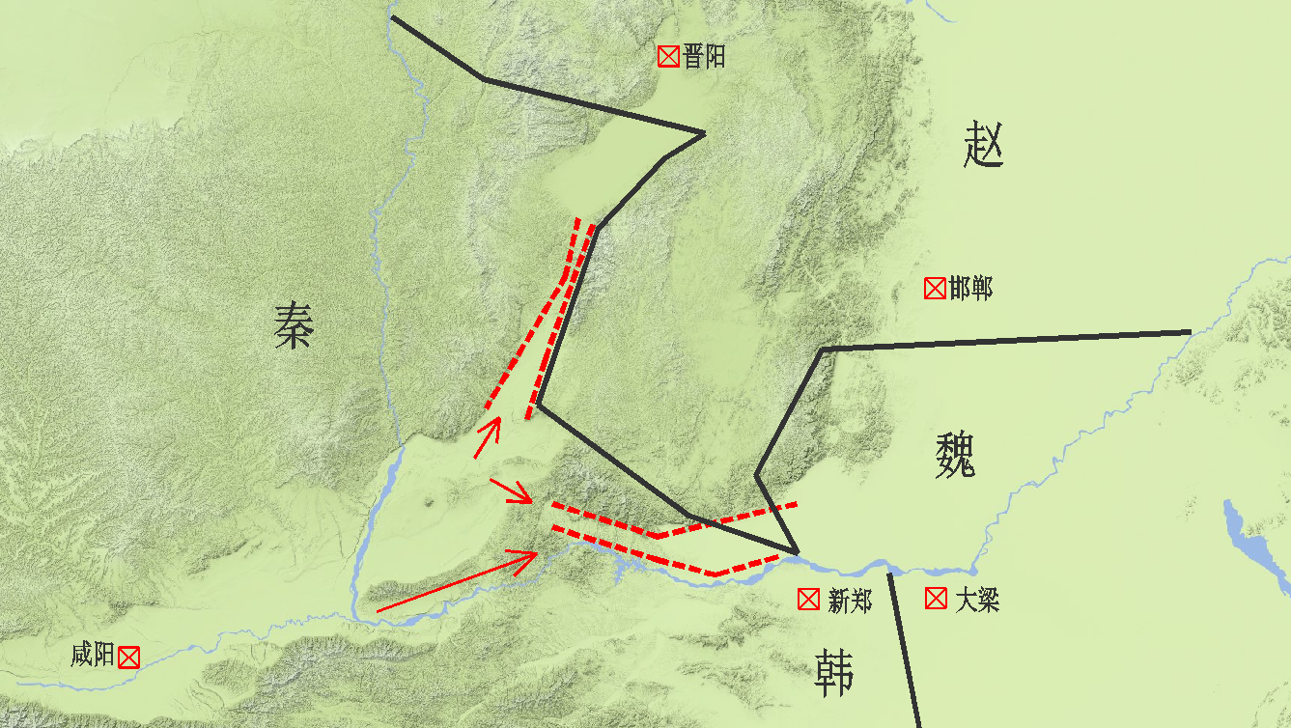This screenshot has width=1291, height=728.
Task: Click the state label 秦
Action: [293, 324]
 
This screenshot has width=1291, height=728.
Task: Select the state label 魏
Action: [955, 454]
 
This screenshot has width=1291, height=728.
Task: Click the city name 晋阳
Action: [704, 57]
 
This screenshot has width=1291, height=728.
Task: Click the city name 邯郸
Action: [970, 288]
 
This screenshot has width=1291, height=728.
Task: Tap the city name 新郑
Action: [850, 601]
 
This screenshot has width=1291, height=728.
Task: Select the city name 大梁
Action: [977, 601]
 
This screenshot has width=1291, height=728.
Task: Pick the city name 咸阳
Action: [93, 657]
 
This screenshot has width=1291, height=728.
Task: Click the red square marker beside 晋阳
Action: [667, 57]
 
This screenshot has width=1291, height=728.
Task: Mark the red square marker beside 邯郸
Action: [934, 288]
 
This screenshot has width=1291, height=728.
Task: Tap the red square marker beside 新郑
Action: [808, 600]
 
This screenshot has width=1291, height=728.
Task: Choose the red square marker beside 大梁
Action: [936, 599]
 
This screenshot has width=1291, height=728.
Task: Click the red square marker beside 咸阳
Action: [128, 658]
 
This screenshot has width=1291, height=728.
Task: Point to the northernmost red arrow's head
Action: [497, 422]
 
